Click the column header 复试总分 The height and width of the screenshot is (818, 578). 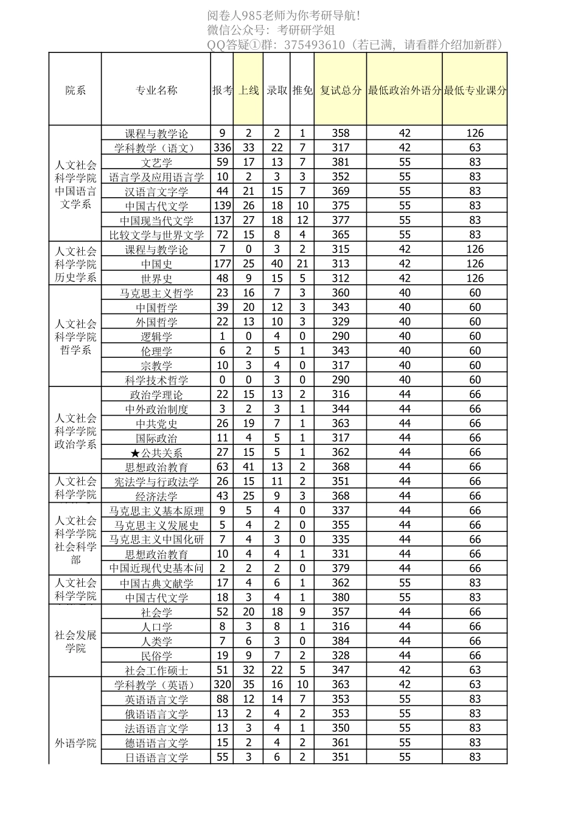(341, 90)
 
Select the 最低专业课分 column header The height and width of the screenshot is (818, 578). (475, 90)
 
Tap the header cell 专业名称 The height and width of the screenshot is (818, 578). (156, 90)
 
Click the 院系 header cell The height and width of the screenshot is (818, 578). (75, 90)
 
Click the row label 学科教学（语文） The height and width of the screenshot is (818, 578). (156, 148)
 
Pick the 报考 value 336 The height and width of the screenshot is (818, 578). (222, 147)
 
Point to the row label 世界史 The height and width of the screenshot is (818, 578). (156, 279)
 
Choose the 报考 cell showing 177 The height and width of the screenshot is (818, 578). (222, 264)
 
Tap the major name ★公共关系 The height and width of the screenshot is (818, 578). (156, 453)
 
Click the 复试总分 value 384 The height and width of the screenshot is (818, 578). (341, 641)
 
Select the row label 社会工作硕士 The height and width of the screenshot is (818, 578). (156, 671)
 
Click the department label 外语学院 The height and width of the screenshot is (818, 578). (75, 743)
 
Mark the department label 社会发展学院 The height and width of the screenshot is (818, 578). (75, 641)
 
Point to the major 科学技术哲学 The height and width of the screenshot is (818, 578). (156, 380)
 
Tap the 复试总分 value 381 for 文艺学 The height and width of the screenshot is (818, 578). (341, 162)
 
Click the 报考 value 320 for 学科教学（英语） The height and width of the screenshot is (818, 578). (222, 684)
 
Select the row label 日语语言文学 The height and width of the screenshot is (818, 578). (156, 758)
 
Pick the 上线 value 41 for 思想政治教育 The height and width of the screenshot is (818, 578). (248, 467)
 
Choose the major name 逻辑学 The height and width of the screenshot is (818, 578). (156, 337)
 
